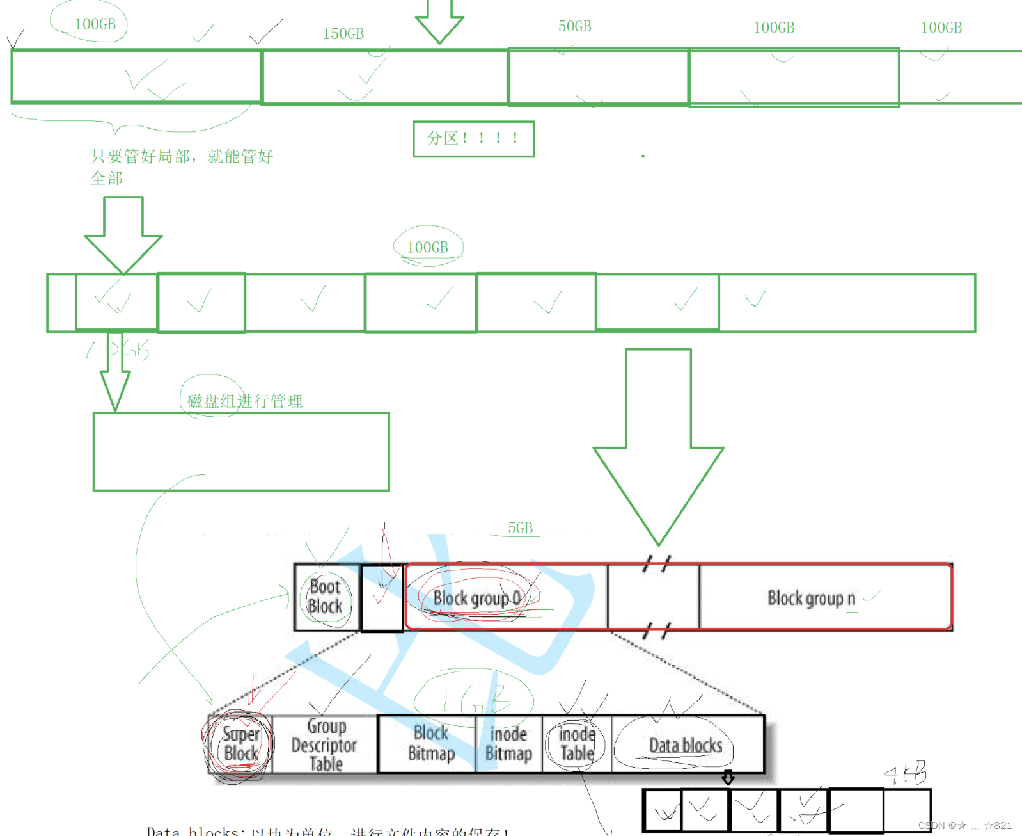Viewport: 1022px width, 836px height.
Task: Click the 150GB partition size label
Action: (x=343, y=34)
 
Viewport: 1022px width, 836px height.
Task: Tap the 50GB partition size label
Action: (x=574, y=26)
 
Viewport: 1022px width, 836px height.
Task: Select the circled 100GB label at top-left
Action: (x=95, y=24)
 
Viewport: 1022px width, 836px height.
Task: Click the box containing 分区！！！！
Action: (x=473, y=138)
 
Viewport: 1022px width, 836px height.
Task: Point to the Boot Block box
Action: (x=326, y=597)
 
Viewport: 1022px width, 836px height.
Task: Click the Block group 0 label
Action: (x=476, y=599)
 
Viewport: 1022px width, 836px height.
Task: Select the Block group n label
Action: (x=811, y=599)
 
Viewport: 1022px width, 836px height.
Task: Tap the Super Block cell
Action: (x=240, y=744)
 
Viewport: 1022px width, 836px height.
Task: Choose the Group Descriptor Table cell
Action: (x=325, y=744)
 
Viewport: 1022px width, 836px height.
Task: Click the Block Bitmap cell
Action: (x=430, y=743)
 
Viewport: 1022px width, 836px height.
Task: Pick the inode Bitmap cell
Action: (x=508, y=744)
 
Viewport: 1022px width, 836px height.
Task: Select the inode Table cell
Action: (x=577, y=744)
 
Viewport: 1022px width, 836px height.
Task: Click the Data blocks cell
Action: (x=686, y=745)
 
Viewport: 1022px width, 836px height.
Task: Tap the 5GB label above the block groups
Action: (x=520, y=528)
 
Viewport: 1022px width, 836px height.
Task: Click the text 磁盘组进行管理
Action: (x=245, y=401)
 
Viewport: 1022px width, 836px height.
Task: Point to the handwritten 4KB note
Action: (x=906, y=773)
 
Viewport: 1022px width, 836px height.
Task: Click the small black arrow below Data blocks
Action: (x=728, y=778)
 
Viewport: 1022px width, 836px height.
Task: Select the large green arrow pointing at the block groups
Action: (x=658, y=448)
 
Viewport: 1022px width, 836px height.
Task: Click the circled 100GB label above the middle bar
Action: (x=428, y=247)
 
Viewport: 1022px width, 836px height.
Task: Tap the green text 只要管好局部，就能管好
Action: (x=182, y=156)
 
